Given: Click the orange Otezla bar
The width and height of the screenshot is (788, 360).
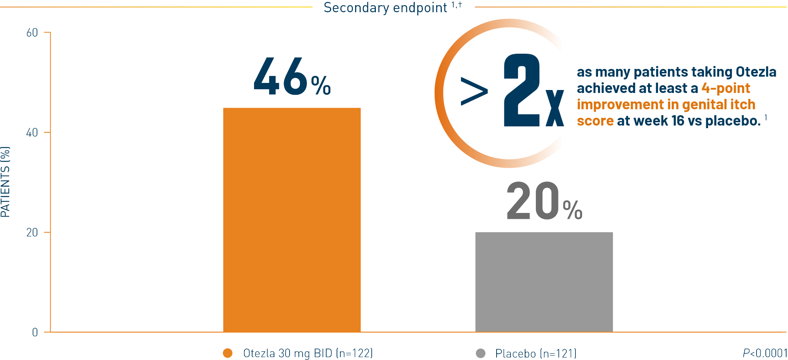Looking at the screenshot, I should tap(292, 220).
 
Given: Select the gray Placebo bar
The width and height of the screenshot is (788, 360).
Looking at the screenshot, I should tap(544, 282).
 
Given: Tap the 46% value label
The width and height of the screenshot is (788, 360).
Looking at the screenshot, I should tap(292, 77).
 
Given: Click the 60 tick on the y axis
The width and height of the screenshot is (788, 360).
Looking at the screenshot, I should tap(32, 33).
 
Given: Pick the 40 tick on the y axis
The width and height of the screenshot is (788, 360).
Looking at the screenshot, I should tap(32, 133).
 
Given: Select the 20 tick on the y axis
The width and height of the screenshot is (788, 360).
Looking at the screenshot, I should tap(32, 233).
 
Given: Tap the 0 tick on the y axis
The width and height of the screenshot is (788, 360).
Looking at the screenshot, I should tap(35, 332).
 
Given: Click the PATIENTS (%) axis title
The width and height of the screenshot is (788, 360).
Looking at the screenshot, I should tap(6, 181).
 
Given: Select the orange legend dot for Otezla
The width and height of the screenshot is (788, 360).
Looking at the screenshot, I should tap(228, 353).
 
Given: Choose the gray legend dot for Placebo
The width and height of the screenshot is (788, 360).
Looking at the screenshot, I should tap(481, 353).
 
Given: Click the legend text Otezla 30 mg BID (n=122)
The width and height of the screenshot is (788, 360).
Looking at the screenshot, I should tap(308, 353).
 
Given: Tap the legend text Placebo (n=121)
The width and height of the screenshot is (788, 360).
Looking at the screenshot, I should tap(536, 353).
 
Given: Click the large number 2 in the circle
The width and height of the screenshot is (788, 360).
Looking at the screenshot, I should tap(522, 90).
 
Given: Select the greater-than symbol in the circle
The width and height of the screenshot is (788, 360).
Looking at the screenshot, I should tap(474, 91).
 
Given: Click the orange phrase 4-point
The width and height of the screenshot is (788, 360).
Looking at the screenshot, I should tap(726, 88).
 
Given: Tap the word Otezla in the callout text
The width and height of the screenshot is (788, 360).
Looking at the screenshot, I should tap(756, 72).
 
